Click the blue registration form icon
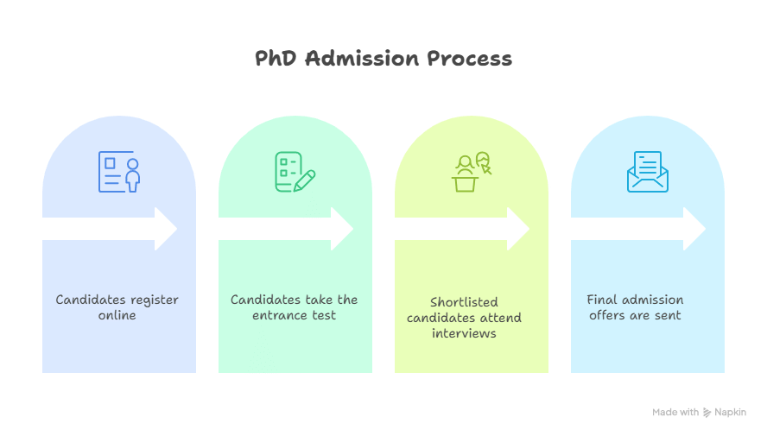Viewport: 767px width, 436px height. [118, 172]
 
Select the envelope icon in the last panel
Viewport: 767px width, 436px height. [647, 172]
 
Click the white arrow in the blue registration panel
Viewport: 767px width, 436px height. [109, 229]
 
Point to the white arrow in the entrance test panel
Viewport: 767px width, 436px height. [285, 229]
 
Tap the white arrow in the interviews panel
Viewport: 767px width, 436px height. [461, 229]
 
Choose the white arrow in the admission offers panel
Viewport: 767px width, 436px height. [637, 229]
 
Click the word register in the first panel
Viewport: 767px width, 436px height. [155, 300]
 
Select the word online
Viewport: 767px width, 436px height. [117, 315]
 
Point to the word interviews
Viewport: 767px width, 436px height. [465, 333]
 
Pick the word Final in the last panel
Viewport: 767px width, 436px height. [603, 300]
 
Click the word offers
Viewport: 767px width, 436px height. [611, 315]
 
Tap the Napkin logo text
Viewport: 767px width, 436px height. [730, 413]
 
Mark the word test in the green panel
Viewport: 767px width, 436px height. [324, 315]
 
